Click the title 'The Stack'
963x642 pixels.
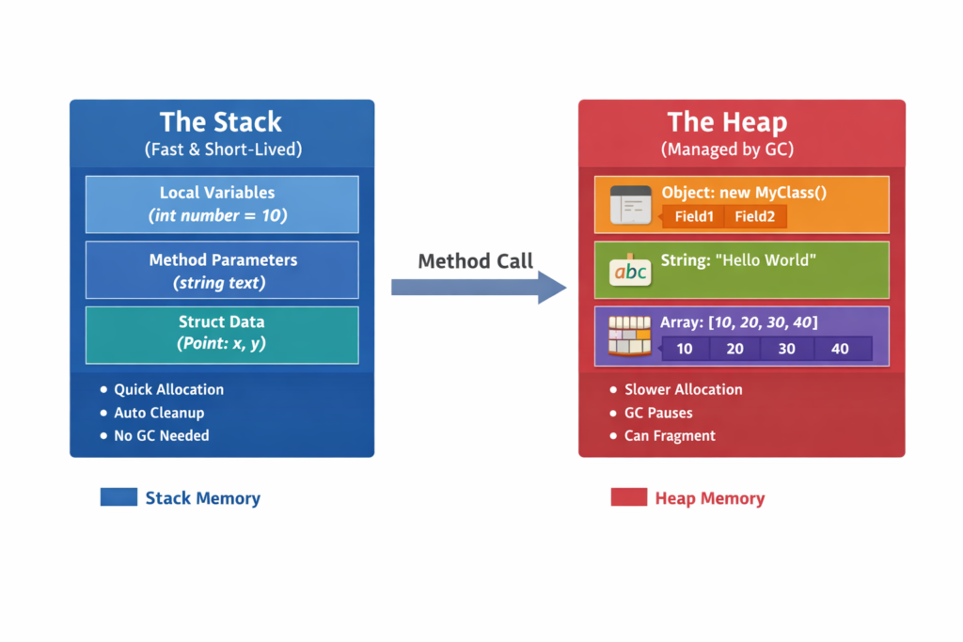click(221, 122)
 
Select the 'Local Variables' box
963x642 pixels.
click(221, 204)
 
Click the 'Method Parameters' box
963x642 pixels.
click(221, 270)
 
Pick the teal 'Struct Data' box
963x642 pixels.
click(221, 334)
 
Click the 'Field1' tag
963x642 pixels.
click(694, 217)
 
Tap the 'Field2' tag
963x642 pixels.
click(754, 217)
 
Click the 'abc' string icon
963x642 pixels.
click(629, 271)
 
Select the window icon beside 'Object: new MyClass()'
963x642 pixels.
click(630, 204)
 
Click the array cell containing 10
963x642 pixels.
click(685, 349)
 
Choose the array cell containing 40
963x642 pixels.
click(840, 349)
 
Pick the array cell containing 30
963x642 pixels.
click(787, 349)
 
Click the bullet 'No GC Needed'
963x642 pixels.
click(161, 435)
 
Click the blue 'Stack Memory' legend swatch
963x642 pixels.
click(118, 497)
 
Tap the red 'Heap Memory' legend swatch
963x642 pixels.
click(628, 497)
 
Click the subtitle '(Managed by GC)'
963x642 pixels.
click(727, 149)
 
